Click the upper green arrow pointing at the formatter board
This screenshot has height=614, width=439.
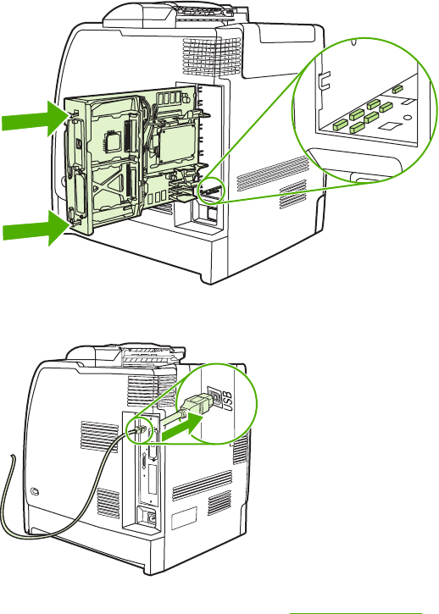pyautogui.click(x=36, y=119)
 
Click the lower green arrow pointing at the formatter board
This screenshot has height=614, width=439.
pyautogui.click(x=36, y=228)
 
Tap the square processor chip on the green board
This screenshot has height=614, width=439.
pyautogui.click(x=112, y=141)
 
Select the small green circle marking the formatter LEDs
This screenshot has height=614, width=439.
pyautogui.click(x=211, y=191)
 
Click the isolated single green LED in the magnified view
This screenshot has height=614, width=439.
pyautogui.click(x=397, y=89)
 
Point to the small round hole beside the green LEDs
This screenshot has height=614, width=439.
pyautogui.click(x=408, y=117)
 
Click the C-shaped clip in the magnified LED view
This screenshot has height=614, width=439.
pyautogui.click(x=325, y=80)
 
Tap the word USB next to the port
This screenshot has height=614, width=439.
pyautogui.click(x=227, y=401)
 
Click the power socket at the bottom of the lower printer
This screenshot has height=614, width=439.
pyautogui.click(x=150, y=518)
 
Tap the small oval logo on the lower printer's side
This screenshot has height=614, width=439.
pyautogui.click(x=35, y=490)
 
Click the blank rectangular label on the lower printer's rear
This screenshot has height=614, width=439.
pyautogui.click(x=184, y=517)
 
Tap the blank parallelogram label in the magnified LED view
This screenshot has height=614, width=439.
pyautogui.click(x=389, y=125)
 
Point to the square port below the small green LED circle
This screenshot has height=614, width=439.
pyautogui.click(x=211, y=213)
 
